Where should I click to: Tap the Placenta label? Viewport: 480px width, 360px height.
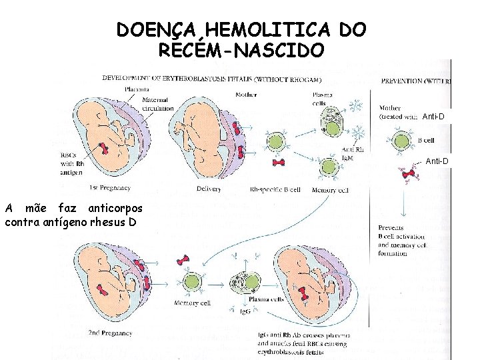pos(137,89)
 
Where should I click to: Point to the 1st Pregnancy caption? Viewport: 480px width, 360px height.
pos(111,188)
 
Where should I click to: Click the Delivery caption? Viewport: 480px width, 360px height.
pos(209,189)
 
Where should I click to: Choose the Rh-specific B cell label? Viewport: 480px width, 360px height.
pos(274,189)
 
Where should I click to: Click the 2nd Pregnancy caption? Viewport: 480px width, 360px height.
pos(110,332)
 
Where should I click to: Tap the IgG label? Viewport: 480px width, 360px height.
pos(245,311)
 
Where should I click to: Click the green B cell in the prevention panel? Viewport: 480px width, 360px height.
pos(401,141)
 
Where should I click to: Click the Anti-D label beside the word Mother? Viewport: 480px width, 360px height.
pos(435,117)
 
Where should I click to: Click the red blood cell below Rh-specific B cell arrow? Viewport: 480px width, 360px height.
pos(279,162)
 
